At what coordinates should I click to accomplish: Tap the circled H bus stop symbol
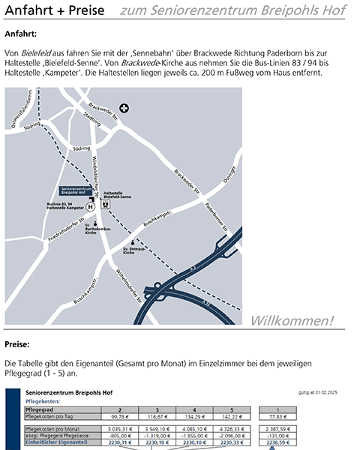[x=91, y=205]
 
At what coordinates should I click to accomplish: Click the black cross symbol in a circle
[x=124, y=108]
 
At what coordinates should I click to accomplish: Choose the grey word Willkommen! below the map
[x=292, y=321]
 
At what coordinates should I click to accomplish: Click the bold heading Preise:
[x=17, y=345]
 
